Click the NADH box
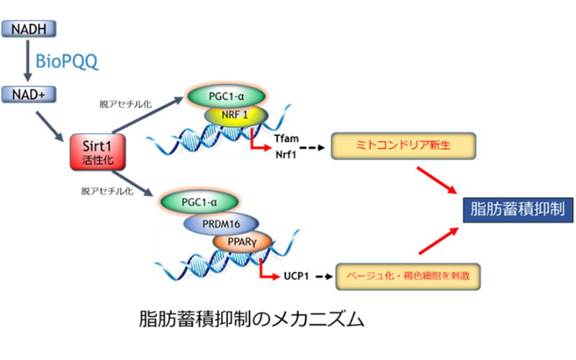(29, 29)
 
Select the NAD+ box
(29, 94)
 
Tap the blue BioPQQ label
(67, 61)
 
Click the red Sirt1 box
(98, 152)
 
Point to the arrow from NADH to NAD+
(27, 60)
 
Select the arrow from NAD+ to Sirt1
(50, 127)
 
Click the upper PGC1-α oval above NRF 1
(226, 96)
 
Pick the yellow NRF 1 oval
(235, 116)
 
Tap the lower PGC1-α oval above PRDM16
(199, 202)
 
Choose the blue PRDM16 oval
(221, 224)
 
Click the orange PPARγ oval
(242, 242)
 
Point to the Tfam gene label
(287, 138)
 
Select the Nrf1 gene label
(286, 155)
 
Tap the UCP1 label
(297, 276)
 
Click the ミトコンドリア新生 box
(403, 146)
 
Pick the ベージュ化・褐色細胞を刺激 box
(408, 276)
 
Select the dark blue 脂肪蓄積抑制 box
(518, 210)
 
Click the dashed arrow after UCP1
(324, 276)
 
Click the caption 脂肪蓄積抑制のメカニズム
(251, 319)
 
